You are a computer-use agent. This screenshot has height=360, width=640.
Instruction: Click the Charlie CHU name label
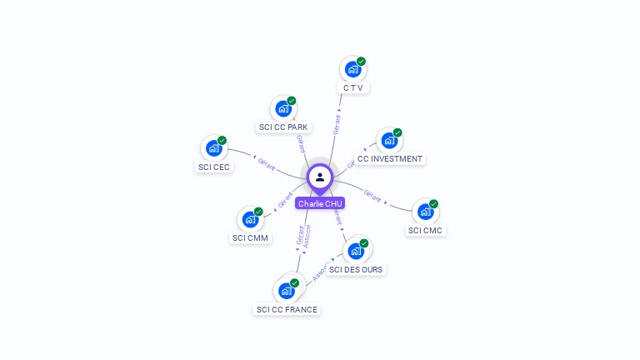coord(320,203)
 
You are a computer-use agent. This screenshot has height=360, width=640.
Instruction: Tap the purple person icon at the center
coord(320,177)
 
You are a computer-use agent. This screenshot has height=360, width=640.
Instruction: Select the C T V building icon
coord(352,69)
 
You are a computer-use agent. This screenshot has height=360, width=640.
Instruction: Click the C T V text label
coord(353,87)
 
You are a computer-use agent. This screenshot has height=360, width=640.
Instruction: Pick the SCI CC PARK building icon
coord(283,108)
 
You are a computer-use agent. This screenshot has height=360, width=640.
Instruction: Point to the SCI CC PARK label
coord(283,127)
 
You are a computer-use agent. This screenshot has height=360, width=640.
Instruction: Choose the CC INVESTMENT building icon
coord(389,141)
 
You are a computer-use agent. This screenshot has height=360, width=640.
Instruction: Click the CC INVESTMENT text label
coord(390,159)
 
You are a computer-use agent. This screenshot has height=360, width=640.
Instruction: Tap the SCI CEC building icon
coord(214,148)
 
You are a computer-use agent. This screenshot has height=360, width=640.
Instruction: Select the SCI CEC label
coord(214,167)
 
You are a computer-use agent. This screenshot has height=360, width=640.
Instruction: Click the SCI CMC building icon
coord(426,212)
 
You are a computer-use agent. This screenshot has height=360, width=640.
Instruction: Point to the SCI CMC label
coord(426,230)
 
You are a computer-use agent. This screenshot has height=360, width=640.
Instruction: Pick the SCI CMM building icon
coord(250,219)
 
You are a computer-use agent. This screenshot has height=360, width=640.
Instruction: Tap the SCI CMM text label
coord(250,238)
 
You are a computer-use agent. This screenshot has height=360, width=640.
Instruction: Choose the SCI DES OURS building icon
coord(356,251)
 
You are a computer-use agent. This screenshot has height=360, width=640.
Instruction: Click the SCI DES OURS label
coord(357,270)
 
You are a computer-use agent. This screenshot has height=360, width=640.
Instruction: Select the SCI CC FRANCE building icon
coord(287,291)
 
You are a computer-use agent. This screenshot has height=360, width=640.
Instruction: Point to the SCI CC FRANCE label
coord(287,310)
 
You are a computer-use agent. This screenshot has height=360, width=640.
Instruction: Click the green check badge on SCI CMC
coord(433,204)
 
